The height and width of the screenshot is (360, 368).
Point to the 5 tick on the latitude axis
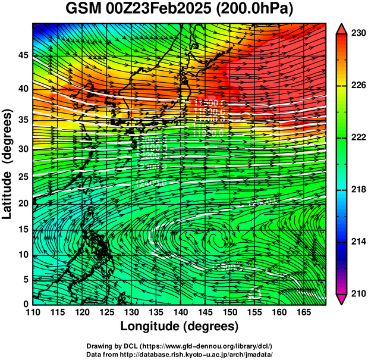(x=24, y=278)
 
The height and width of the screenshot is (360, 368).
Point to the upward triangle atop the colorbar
(x=342, y=28)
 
